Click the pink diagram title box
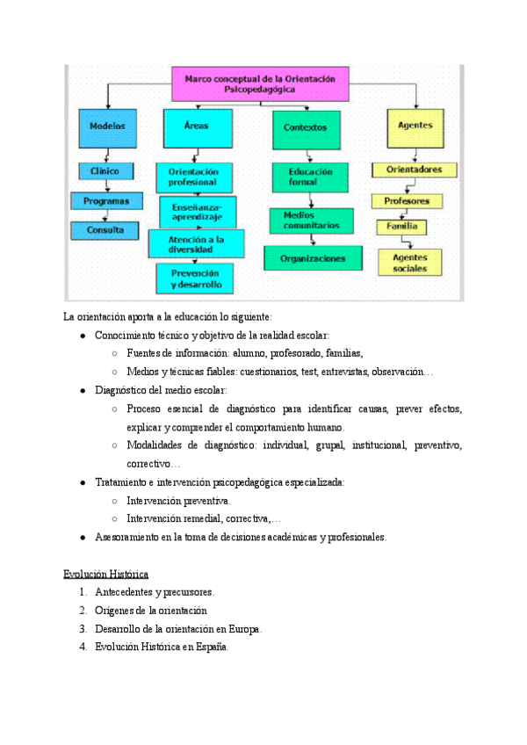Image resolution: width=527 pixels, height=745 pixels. (261, 83)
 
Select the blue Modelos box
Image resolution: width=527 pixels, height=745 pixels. (108, 127)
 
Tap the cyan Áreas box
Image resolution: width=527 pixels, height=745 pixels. (197, 127)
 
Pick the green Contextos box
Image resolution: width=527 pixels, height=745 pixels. (305, 128)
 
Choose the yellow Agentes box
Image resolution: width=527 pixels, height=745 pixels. (415, 127)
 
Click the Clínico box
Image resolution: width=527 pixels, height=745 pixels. (105, 171)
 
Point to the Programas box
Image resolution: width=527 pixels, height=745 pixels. (106, 201)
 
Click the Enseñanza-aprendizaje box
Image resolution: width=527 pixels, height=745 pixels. (198, 211)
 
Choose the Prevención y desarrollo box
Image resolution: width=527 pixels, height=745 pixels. (196, 278)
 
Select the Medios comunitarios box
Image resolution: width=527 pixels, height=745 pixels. (311, 220)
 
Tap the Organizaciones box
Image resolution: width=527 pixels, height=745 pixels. (312, 258)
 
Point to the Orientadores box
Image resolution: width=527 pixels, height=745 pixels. (414, 170)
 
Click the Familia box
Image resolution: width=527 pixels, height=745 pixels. (402, 227)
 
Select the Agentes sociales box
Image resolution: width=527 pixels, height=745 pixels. (410, 263)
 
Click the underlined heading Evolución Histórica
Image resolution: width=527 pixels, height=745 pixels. (105, 574)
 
